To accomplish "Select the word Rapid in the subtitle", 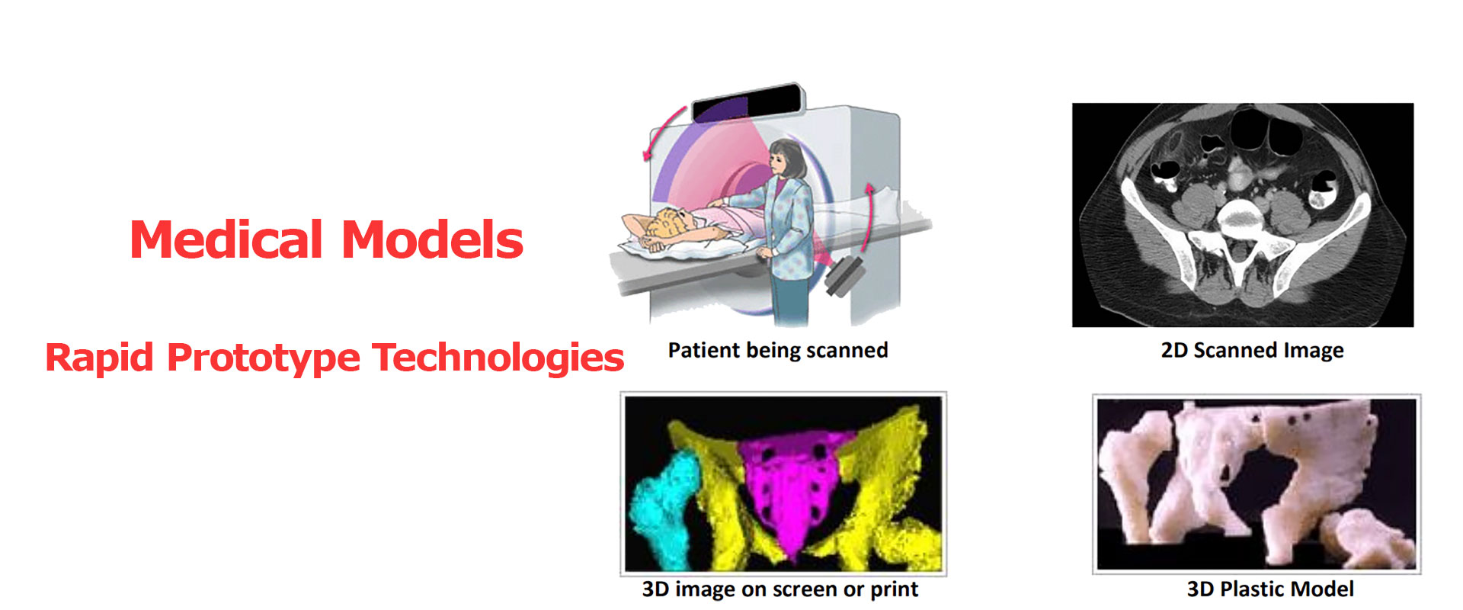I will (x=99, y=358).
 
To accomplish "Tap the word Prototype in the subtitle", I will (x=263, y=358).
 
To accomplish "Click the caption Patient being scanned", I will (x=778, y=350).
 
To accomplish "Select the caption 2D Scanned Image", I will (x=1252, y=350).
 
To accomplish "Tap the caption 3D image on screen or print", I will (x=780, y=589).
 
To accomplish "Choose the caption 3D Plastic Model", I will (x=1269, y=589).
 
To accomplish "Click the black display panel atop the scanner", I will (x=747, y=104).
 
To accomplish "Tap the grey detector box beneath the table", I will (x=843, y=276).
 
